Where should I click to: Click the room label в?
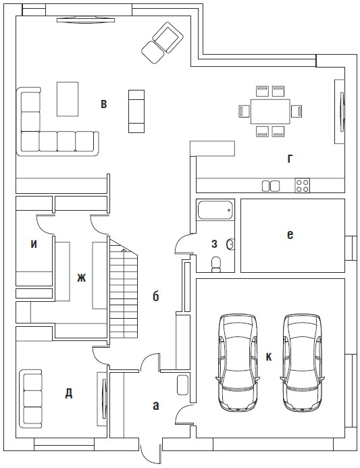103,104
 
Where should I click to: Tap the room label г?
290,159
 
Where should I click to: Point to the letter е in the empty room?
290,235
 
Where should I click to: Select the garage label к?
269,357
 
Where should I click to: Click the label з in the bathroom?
214,244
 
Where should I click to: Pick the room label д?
69,394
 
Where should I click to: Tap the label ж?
81,278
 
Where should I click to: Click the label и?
34,244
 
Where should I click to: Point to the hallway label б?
155,296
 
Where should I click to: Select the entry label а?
155,406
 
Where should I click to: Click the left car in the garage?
238,363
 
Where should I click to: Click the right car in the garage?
303,363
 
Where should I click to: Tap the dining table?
270,111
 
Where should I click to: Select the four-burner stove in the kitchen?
302,185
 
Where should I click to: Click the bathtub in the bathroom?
215,211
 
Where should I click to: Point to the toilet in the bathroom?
216,265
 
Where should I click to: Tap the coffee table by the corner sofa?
68,99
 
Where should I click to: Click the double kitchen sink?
271,186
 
